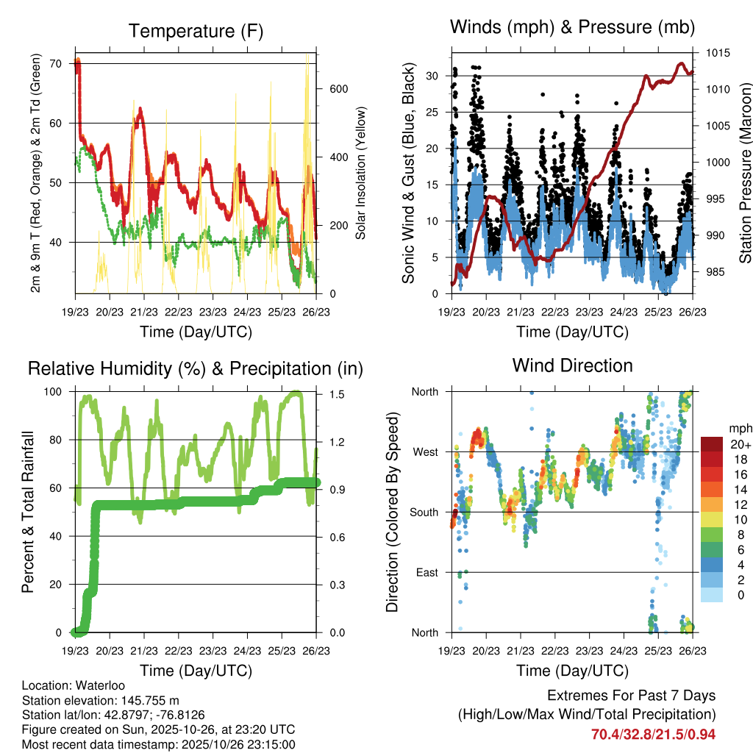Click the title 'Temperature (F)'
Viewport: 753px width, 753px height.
point(196,31)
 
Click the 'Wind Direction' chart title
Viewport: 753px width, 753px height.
point(572,365)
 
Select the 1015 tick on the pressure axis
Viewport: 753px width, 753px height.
point(716,53)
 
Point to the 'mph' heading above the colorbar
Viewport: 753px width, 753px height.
point(738,428)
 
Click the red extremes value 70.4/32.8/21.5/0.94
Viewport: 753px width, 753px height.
point(654,734)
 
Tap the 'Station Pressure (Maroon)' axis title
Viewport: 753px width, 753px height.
point(745,173)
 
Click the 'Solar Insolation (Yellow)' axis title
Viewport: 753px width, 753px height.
point(360,173)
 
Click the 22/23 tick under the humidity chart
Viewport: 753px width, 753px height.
point(179,650)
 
